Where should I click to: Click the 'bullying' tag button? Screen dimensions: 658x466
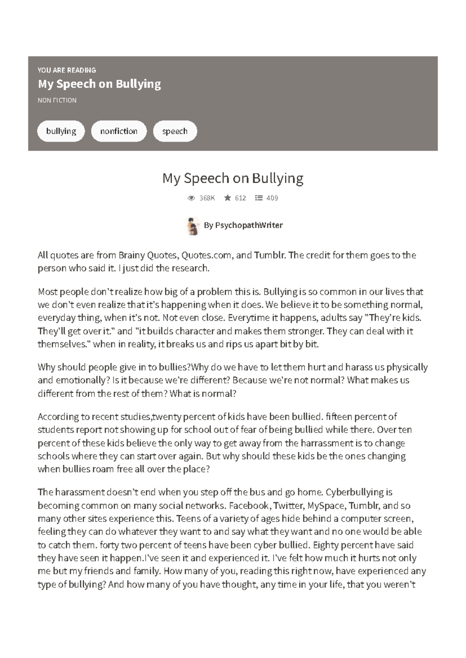[x=61, y=131]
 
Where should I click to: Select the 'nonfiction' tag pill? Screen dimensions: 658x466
[x=119, y=131]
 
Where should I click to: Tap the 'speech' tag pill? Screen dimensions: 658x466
[x=175, y=131]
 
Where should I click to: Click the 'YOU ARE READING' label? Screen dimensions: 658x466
[x=67, y=70]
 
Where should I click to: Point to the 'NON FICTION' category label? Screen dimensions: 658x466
[x=57, y=100]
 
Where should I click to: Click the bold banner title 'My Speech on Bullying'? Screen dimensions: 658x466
[x=99, y=84]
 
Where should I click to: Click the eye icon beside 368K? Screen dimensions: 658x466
[x=191, y=198]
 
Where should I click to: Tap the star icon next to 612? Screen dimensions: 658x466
[x=228, y=198]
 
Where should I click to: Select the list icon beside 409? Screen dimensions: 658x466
[x=259, y=198]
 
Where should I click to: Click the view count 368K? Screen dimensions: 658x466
[x=207, y=198]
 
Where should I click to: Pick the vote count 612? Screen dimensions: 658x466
[x=240, y=198]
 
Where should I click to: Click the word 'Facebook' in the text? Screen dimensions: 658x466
[x=249, y=506]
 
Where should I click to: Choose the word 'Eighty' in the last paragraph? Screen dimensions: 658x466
[x=325, y=545]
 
